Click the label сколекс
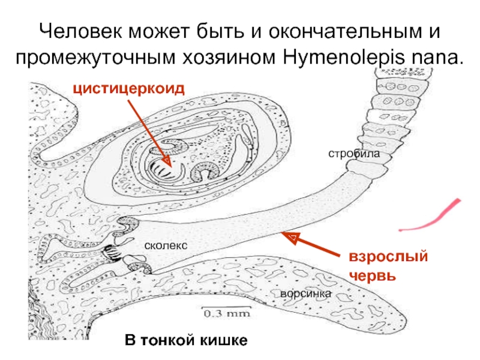(x=166, y=245)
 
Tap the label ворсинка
(x=305, y=295)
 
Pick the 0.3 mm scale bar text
(x=225, y=314)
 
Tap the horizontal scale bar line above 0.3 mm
(x=225, y=308)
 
